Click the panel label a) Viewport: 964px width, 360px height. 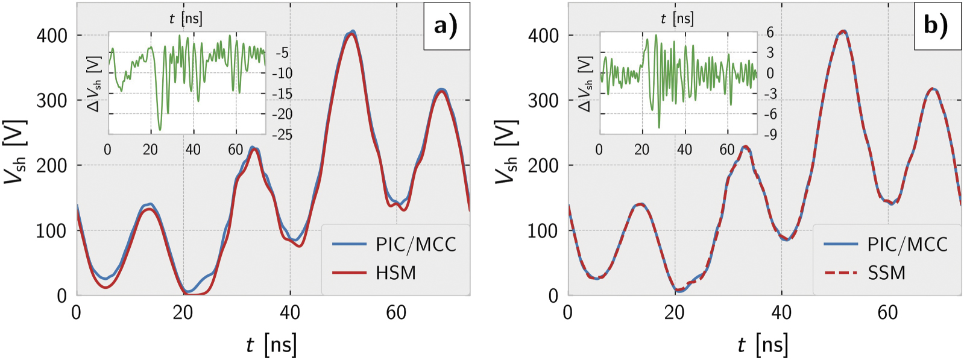tap(446, 26)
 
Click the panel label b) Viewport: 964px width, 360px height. tap(936, 26)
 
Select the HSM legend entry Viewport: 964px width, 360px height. tap(395, 273)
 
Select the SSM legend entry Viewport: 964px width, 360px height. tap(887, 273)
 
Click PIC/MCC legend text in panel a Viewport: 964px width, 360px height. tap(416, 244)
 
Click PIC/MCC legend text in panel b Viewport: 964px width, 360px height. tap(907, 244)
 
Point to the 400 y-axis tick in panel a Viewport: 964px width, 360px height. tap(52, 36)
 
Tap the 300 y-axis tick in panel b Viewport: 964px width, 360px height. tap(543, 100)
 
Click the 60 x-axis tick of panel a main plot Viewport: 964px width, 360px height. tap(396, 312)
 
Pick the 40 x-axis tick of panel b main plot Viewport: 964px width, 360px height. tap(781, 312)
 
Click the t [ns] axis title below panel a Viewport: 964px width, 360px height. tap(271, 345)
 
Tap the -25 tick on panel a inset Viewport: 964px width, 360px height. tap(282, 134)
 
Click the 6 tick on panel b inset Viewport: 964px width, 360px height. tap(770, 33)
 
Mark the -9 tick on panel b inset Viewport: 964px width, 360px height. tap(770, 134)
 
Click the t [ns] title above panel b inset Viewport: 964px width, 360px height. tap(677, 18)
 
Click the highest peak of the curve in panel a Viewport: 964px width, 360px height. tap(353, 31)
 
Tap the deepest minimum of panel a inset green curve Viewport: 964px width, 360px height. tap(160, 129)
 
